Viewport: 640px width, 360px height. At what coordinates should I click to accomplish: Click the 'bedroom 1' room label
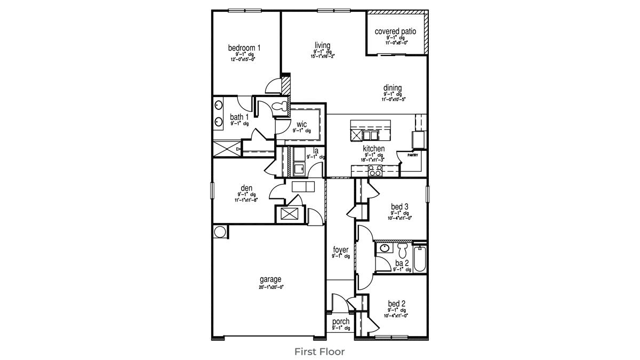pyautogui.click(x=244, y=48)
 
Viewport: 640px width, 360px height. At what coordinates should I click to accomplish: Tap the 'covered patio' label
pyautogui.click(x=395, y=31)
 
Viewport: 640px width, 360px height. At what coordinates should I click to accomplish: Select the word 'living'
pyautogui.click(x=322, y=45)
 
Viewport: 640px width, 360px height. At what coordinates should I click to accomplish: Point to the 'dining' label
pyautogui.click(x=392, y=88)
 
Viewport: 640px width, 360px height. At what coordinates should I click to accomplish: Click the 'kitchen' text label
pyautogui.click(x=374, y=149)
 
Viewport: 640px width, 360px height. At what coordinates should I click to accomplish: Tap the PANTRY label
pyautogui.click(x=413, y=155)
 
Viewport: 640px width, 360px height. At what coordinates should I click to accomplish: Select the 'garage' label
pyautogui.click(x=270, y=279)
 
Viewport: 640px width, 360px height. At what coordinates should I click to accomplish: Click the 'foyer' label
pyautogui.click(x=341, y=250)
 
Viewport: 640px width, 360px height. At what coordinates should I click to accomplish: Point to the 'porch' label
pyautogui.click(x=341, y=322)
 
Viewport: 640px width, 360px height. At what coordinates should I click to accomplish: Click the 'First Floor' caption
pyautogui.click(x=319, y=351)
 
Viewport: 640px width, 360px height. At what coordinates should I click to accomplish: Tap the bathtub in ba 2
pyautogui.click(x=420, y=258)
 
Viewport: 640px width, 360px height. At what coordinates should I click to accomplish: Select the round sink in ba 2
pyautogui.click(x=384, y=247)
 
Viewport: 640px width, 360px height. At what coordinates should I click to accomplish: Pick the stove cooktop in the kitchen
pyautogui.click(x=375, y=171)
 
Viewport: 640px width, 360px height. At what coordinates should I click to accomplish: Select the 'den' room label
pyautogui.click(x=246, y=188)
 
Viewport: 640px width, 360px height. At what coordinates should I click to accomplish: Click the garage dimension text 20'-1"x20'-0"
pyautogui.click(x=271, y=287)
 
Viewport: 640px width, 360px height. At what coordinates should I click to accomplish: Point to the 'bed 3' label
pyautogui.click(x=399, y=206)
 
